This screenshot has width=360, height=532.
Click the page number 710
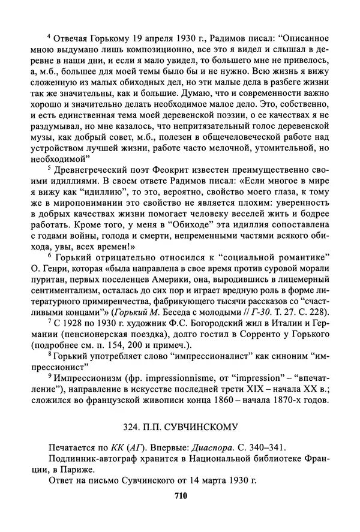click(181, 495)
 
